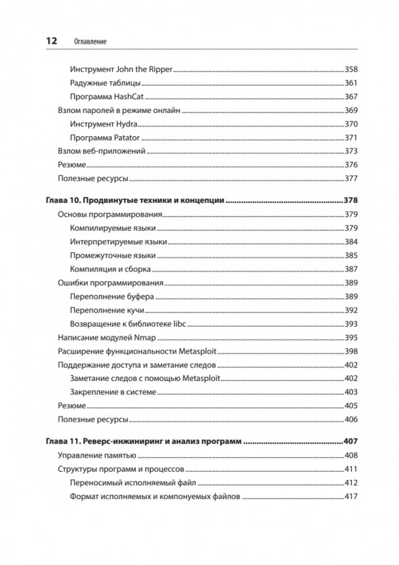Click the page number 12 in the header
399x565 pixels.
click(51, 41)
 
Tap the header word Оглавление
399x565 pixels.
click(91, 42)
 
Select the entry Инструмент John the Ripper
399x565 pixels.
click(121, 69)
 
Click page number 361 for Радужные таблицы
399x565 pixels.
click(352, 83)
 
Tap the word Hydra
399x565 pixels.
click(126, 124)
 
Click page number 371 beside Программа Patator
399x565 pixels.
click(352, 138)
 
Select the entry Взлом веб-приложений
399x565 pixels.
click(102, 151)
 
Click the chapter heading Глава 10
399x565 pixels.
click(65, 200)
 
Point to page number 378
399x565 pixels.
click(352, 200)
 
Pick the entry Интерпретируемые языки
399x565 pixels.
click(118, 242)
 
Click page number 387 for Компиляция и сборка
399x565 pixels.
click(352, 269)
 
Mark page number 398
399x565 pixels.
click(352, 352)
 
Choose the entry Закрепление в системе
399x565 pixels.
click(113, 392)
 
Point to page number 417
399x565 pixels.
click(352, 497)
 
